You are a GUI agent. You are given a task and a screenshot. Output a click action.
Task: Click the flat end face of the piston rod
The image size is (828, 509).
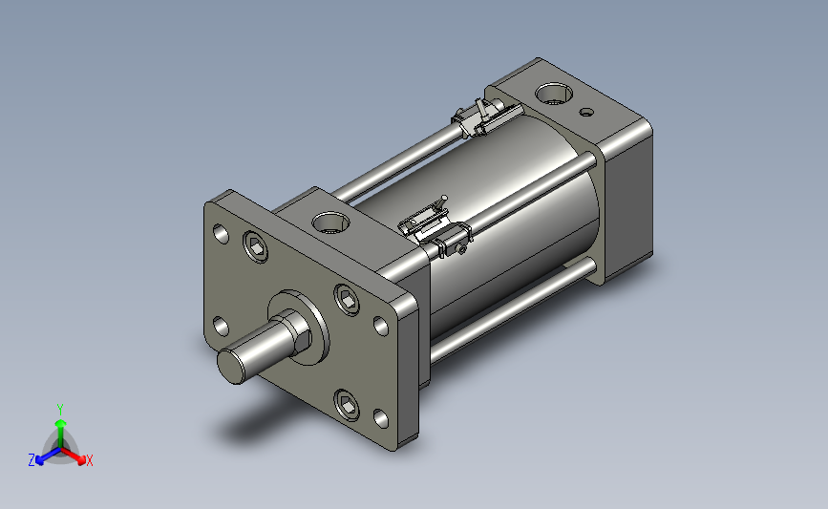(x=231, y=366)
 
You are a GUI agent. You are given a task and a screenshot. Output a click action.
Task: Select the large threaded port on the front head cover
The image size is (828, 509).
(x=331, y=223)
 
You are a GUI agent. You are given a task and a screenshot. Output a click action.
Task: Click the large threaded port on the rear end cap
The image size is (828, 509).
(x=553, y=94)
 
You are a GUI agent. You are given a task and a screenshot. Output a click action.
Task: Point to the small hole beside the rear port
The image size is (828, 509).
(x=586, y=112)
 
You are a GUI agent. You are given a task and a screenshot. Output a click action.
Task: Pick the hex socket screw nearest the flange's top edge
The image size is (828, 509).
(x=256, y=246)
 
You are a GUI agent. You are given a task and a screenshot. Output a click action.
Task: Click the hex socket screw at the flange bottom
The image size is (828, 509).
(x=347, y=406)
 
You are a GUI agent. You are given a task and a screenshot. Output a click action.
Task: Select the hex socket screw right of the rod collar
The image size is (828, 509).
(x=347, y=300)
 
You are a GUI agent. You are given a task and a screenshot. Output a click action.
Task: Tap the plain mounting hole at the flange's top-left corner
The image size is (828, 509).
(x=221, y=233)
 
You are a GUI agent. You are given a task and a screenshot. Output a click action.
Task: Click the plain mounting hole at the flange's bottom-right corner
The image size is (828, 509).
(x=381, y=418)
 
